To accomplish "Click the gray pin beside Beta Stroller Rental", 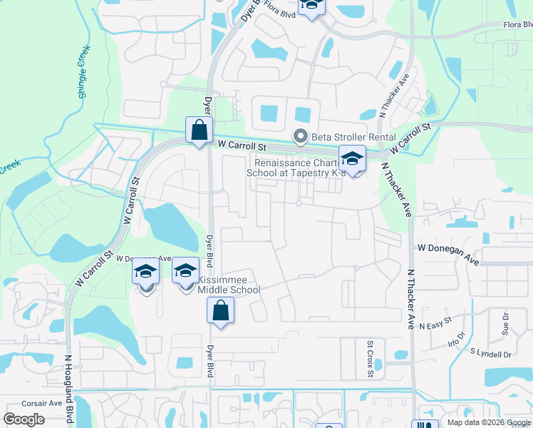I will click(301, 136).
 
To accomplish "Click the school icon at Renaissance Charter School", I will click(351, 158).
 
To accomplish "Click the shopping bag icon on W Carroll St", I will click(199, 131).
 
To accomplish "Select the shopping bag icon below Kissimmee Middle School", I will click(221, 311).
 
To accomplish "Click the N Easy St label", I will click(436, 324).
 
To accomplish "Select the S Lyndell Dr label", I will click(491, 354).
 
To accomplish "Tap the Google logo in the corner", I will click(24, 419).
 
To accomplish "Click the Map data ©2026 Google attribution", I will click(488, 422).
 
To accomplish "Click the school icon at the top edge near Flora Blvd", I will click(311, 6).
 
